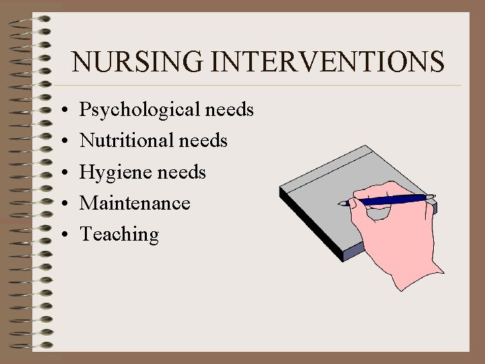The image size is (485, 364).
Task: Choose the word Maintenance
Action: click(135, 203)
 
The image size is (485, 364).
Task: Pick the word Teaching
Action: click(120, 235)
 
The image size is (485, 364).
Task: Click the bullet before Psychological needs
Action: click(61, 110)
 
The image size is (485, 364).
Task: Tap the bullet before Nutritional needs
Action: click(61, 141)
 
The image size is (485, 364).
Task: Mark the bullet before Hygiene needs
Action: click(61, 173)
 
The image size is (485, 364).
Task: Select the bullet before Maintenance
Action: click(61, 204)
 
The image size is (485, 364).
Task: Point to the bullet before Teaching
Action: click(61, 235)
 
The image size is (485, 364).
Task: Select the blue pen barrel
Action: click(391, 199)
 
